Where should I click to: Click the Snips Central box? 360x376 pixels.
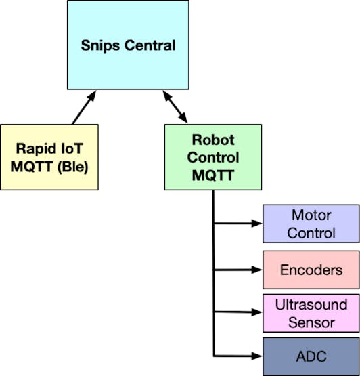tap(128, 45)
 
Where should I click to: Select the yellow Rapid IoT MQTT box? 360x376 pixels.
tap(49, 157)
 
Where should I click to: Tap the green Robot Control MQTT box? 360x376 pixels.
tap(213, 157)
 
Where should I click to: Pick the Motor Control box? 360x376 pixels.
tap(311, 224)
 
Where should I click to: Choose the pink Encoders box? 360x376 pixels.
tap(311, 270)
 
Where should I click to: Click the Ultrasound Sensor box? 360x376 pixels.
tap(311, 313)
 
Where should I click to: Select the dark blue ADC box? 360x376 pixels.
tap(311, 356)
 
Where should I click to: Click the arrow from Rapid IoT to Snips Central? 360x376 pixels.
tap(84, 108)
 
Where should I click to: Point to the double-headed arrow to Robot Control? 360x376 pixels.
tap(175, 107)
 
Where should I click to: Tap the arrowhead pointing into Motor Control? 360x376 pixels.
tap(256, 224)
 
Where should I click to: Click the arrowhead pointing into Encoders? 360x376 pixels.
tap(256, 270)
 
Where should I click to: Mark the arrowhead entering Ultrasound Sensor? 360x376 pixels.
tap(256, 312)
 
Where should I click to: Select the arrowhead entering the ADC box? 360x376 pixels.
tap(256, 356)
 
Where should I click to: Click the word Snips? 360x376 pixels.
tap(100, 46)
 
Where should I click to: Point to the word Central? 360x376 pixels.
tap(150, 45)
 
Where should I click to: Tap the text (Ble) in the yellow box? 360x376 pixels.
tap(73, 167)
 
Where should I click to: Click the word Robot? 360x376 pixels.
tap(213, 140)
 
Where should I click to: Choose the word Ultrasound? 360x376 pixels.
tap(311, 305)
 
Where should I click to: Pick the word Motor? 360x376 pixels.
tap(311, 215)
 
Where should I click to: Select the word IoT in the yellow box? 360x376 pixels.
tap(72, 148)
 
